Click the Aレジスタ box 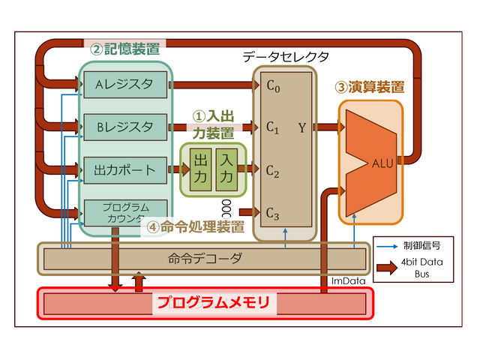pyautogui.click(x=125, y=84)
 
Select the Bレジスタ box pyautogui.click(x=125, y=126)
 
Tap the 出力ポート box pyautogui.click(x=125, y=170)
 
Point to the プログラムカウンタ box pyautogui.click(x=125, y=213)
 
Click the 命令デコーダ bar pyautogui.click(x=204, y=259)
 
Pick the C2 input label pyautogui.click(x=273, y=171)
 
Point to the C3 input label pyautogui.click(x=273, y=214)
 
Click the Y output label pyautogui.click(x=301, y=127)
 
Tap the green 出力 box pyautogui.click(x=200, y=170)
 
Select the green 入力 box pyautogui.click(x=226, y=170)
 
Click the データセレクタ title pyautogui.click(x=286, y=57)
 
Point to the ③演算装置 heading pyautogui.click(x=370, y=86)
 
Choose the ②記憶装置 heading pyautogui.click(x=124, y=49)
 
